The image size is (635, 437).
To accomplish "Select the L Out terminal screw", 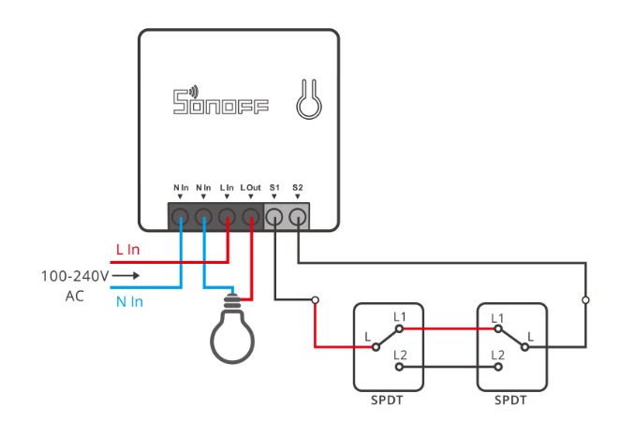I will point(250,218).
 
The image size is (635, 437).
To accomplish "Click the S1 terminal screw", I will point(274,218).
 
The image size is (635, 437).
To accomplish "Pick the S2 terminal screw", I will point(298,218).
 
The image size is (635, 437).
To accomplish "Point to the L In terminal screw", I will point(227,218).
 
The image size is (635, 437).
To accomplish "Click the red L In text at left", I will point(129,250).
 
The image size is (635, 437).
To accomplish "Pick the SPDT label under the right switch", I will point(510,400).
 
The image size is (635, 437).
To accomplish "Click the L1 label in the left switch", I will point(400,318).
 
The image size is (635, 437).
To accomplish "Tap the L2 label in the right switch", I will point(497,356).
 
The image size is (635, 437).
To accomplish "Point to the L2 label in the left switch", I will point(400,356).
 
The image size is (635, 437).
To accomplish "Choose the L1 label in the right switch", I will point(497,318).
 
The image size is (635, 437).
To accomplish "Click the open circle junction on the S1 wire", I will point(316,300).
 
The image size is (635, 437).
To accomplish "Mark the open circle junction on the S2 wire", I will point(585,300).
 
